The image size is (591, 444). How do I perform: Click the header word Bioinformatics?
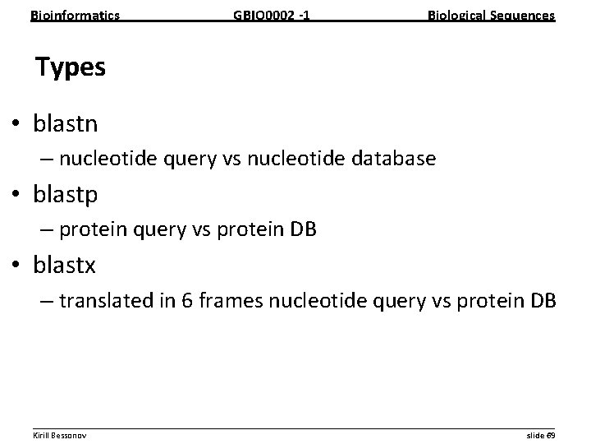[75, 15]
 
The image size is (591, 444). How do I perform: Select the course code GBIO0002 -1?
[272, 15]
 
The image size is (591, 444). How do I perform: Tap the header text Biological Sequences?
[491, 15]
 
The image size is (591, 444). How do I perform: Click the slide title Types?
[71, 67]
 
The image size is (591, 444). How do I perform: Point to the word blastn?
[66, 124]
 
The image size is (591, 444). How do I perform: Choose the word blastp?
[66, 195]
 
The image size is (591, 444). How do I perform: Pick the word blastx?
[65, 266]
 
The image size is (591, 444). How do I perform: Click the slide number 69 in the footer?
[551, 434]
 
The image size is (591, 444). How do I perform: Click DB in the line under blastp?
[301, 230]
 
